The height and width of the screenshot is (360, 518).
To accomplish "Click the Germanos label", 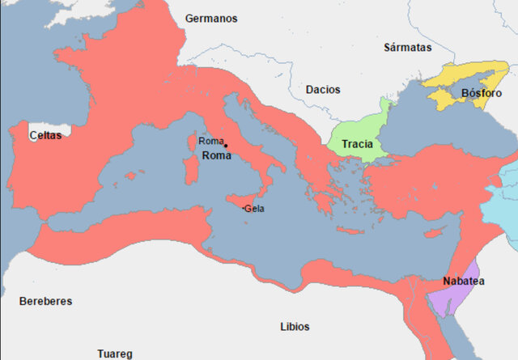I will pos(211,18).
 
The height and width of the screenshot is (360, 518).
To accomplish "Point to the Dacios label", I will pos(323,90).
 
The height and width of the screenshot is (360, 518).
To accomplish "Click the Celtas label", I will pos(45,136).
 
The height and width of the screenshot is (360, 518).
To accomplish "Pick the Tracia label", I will pos(357,144).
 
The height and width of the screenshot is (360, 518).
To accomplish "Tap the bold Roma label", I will pos(215,155).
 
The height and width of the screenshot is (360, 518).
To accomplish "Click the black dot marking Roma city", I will pos(226,146).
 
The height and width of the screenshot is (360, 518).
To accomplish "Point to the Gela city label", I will pos(254,210).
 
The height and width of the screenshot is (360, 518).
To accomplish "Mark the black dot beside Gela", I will pos(244,209).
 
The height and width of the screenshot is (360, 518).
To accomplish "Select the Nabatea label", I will pos(463,282).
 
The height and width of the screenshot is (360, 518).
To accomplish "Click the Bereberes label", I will pos(45,301).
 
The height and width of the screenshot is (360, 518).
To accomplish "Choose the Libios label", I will pos(295,327).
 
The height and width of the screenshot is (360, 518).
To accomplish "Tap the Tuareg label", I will pos(114,354).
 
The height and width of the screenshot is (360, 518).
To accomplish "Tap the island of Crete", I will pos(352,229).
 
